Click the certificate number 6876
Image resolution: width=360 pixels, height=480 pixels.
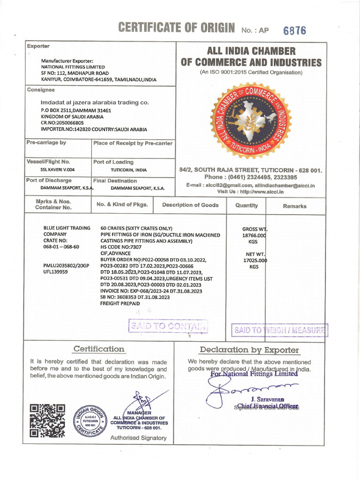[294, 30]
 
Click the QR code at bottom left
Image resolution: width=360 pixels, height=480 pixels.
[47, 420]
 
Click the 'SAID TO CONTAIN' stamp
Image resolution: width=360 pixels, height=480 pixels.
[168, 326]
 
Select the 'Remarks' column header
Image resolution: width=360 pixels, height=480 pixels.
[294, 206]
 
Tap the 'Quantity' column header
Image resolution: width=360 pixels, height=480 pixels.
[247, 205]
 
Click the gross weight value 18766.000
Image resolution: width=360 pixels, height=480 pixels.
[253, 236]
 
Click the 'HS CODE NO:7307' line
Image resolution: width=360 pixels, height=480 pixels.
[123, 247]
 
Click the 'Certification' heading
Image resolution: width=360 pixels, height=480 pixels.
[99, 349]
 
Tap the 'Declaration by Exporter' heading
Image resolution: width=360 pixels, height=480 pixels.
[249, 350]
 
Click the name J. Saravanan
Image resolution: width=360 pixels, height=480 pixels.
[268, 399]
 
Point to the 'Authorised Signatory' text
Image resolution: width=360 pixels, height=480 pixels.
[138, 438]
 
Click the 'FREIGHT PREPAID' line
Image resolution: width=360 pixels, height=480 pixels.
[120, 303]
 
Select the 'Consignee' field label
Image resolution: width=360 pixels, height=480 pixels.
[41, 90]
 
